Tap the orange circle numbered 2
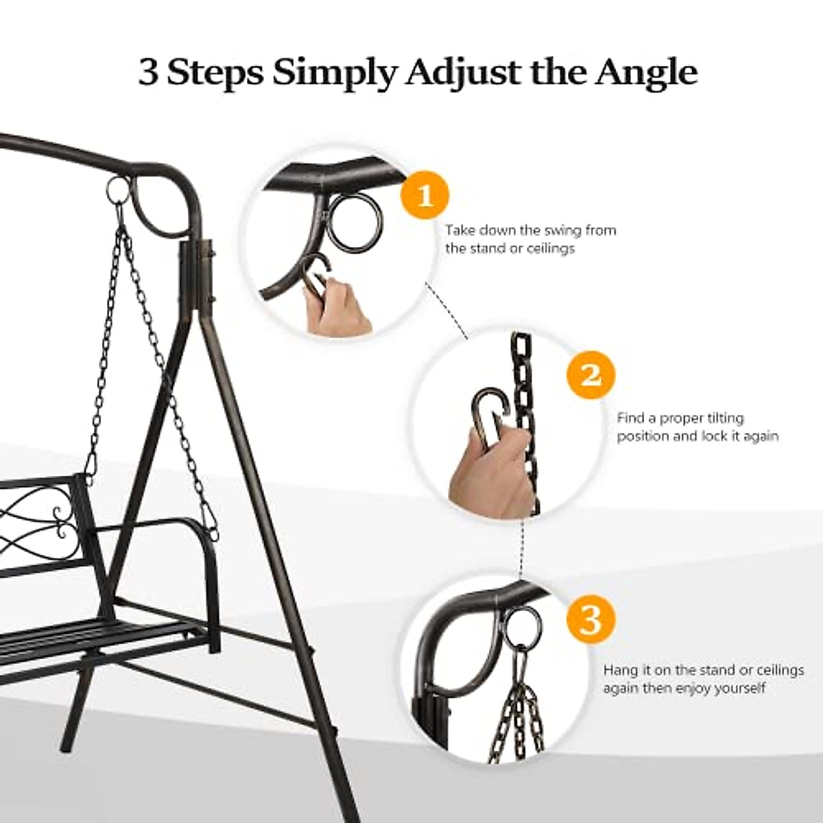pyautogui.click(x=591, y=374)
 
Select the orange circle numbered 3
pyautogui.click(x=591, y=619)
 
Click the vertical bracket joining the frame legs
pyautogui.click(x=198, y=274)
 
